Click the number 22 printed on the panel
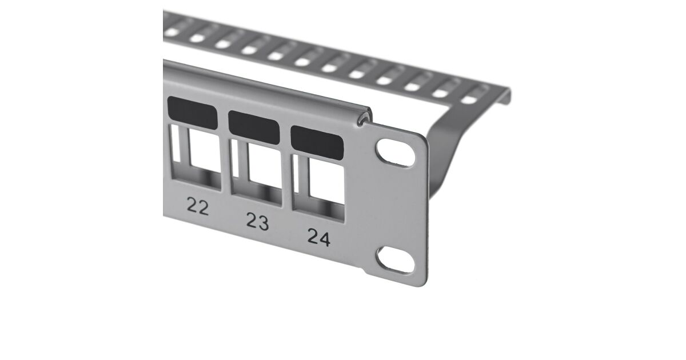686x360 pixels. click(x=198, y=206)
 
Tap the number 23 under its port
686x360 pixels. click(x=258, y=221)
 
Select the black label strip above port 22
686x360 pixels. click(x=193, y=113)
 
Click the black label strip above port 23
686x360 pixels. click(x=254, y=127)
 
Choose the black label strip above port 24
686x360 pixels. click(x=317, y=143)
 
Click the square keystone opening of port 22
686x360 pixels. click(x=205, y=151)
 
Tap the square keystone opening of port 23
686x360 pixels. click(x=265, y=166)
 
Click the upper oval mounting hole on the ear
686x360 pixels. click(x=396, y=153)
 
